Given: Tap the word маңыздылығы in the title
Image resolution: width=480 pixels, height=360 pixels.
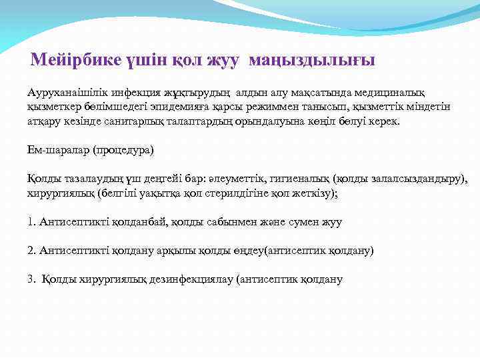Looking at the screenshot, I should pos(312,61).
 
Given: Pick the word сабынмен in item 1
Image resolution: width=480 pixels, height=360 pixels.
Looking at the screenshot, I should pos(229,222).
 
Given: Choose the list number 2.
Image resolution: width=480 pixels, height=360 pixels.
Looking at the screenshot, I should pos(31,251).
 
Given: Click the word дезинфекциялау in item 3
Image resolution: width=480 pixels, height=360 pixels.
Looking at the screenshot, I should pos(186,279).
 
